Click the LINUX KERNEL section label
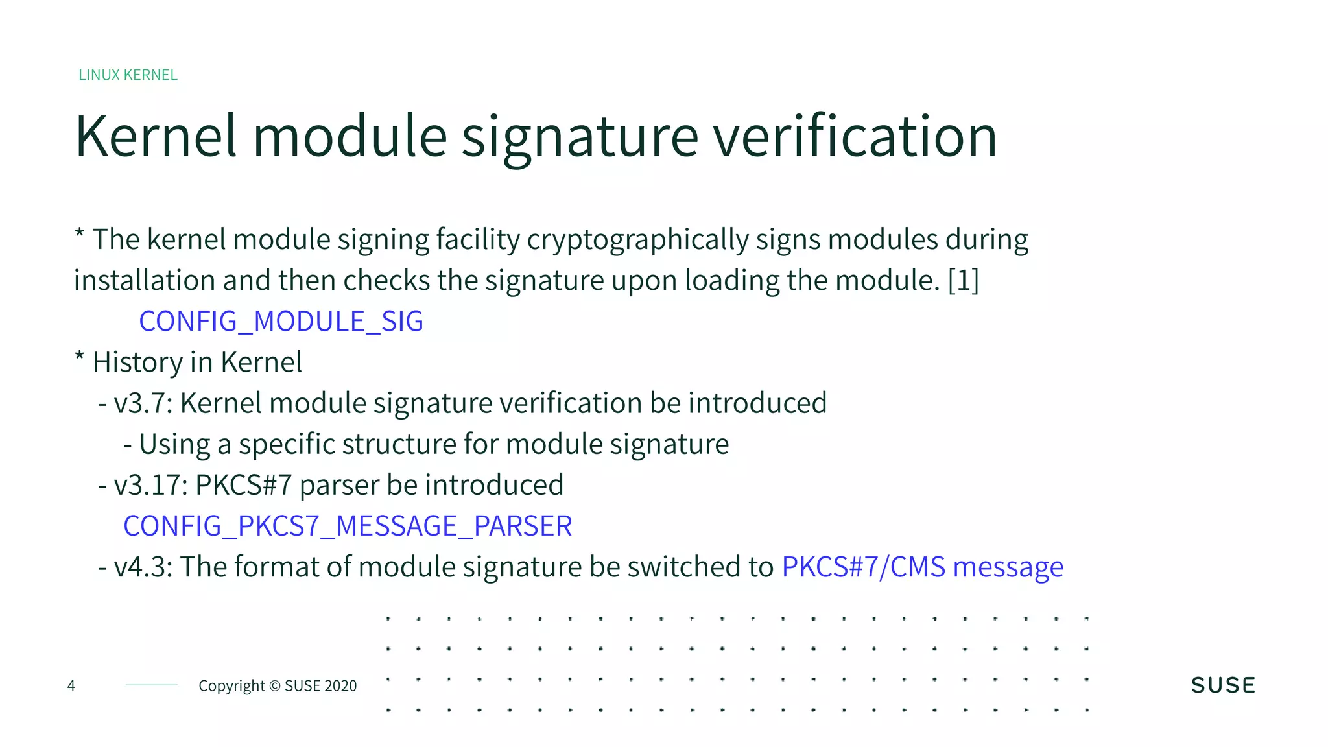128,75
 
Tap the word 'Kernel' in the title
156,136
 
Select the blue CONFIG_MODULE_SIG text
281,322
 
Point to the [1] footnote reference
964,281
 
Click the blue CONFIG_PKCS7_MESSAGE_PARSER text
348,526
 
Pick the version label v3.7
142,403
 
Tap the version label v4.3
142,567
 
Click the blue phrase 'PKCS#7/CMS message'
922,567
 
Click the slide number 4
71,685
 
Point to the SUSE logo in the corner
1223,685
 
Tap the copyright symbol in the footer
274,686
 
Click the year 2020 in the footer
340,686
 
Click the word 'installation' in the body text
145,281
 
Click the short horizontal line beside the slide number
152,685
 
